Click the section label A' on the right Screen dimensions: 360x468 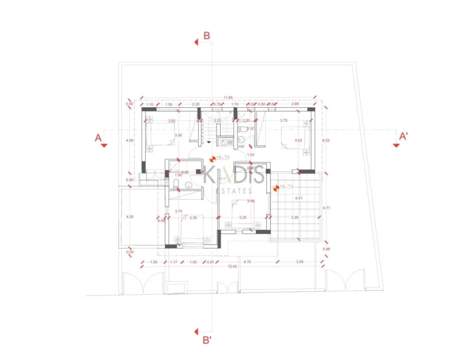403,136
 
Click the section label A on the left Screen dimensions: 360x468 97,138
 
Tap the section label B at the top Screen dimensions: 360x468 207,35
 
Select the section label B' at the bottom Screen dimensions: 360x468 207,340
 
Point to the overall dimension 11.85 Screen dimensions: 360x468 227,97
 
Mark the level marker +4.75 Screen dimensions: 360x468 220,157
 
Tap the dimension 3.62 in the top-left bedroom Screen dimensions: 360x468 172,121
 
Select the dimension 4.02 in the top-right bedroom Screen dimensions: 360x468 298,141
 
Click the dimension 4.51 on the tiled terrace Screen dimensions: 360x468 299,199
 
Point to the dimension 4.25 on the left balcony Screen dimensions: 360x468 129,217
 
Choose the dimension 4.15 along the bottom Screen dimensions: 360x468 247,262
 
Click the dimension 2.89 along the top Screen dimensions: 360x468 295,105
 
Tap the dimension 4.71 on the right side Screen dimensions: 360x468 326,208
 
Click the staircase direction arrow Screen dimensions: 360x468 210,141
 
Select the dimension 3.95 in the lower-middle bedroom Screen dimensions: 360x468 251,201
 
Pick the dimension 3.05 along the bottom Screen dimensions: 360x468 299,262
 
